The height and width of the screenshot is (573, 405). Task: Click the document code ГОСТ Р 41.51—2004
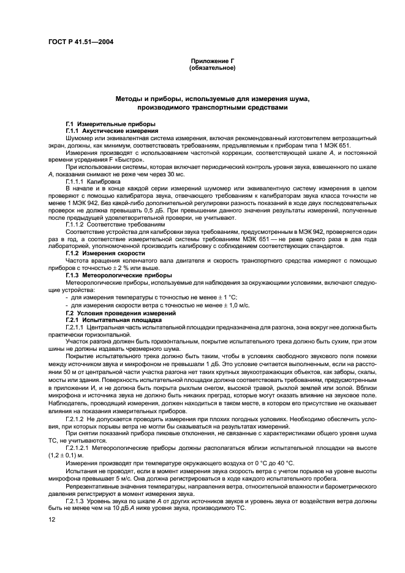(76, 41)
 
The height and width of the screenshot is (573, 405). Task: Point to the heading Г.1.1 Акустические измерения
(104, 131)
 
